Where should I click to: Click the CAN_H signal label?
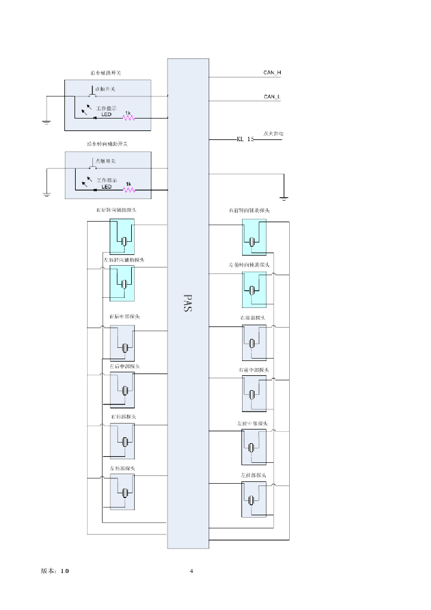[272, 73]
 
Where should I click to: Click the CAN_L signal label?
[272, 97]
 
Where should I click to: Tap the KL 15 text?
[245, 139]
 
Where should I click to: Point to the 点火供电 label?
[273, 134]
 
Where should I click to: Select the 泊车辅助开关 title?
[106, 73]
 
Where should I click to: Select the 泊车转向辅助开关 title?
[107, 144]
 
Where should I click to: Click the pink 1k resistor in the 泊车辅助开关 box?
[129, 118]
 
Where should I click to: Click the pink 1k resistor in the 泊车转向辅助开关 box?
[129, 190]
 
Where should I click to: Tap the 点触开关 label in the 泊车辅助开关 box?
[105, 89]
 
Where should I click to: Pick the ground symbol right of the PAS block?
[284, 197]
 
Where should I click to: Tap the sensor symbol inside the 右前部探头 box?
[252, 344]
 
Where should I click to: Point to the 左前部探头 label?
[253, 475]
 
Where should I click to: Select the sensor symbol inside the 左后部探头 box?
[126, 493]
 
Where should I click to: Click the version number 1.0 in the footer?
[64, 571]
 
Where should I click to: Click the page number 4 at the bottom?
[191, 571]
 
